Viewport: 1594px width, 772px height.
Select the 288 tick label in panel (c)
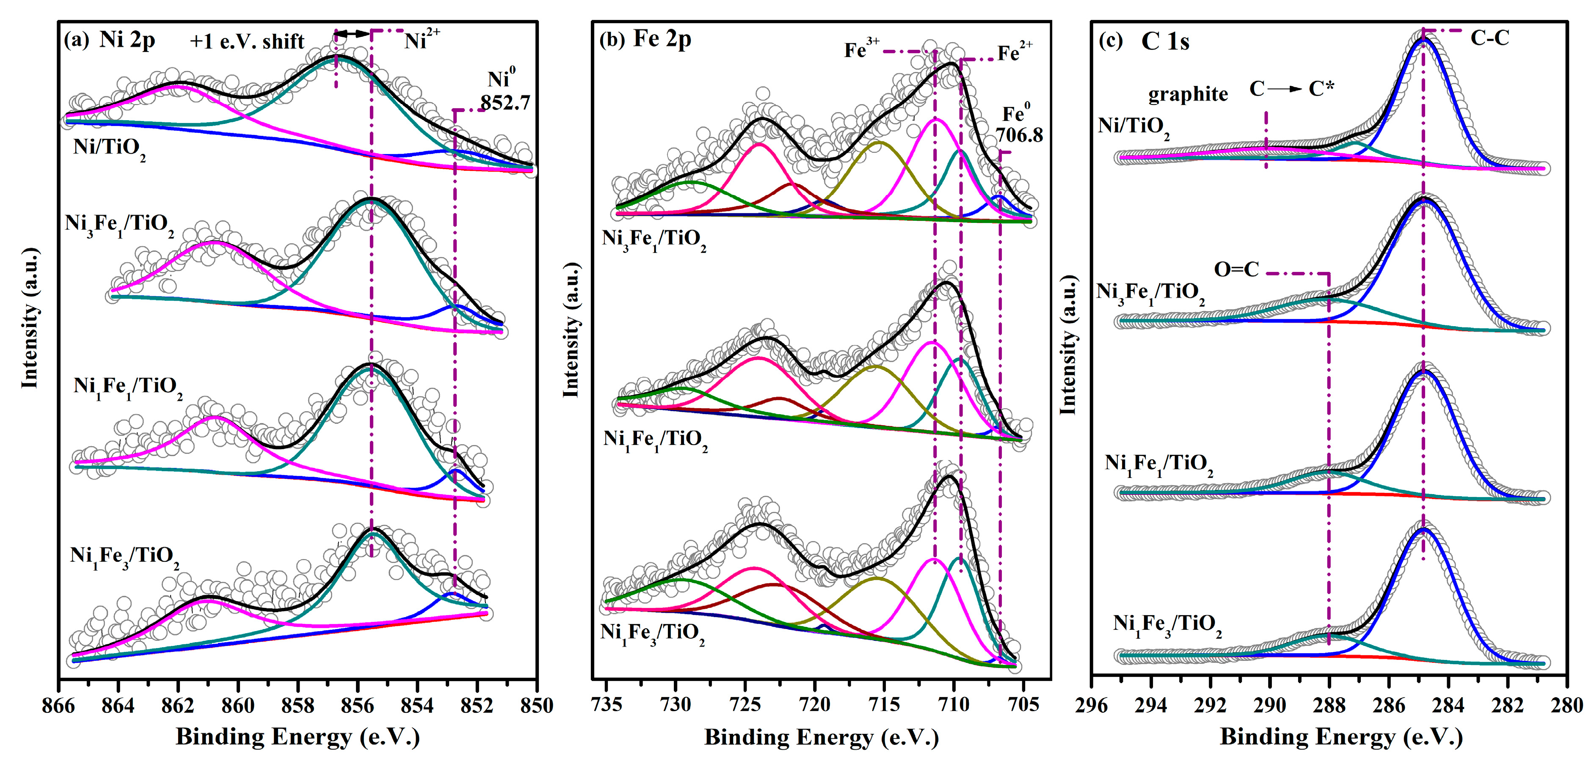coord(1329,705)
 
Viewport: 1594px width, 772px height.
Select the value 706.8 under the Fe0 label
coord(1019,135)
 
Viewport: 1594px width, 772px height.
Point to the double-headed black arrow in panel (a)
coord(353,33)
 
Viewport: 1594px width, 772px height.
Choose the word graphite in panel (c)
coord(1188,94)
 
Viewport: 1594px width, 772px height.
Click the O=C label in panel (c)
coord(1236,270)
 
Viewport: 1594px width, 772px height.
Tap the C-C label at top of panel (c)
coord(1489,38)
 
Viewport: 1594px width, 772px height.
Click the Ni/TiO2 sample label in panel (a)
coord(110,148)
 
